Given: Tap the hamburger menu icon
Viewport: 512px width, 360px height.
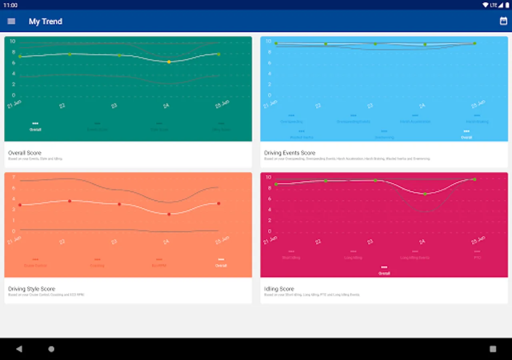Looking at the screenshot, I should point(11,21).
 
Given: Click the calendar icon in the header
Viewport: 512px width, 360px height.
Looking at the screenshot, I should point(503,21).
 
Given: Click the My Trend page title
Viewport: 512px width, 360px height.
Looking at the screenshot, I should point(45,22).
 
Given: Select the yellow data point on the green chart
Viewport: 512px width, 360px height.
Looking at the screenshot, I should point(169,62).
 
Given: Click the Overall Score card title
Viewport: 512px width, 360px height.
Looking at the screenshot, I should point(25,153).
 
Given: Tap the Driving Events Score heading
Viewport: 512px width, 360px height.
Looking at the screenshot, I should point(290,153).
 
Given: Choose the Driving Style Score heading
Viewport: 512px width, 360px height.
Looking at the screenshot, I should point(32,289).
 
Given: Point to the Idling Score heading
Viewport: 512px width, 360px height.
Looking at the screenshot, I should point(279,289).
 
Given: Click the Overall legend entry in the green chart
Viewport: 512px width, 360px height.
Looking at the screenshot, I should point(35,127).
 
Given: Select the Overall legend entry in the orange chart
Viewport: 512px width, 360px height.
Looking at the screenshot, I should point(221,263).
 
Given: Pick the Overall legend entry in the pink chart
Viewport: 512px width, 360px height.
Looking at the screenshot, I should point(384,271).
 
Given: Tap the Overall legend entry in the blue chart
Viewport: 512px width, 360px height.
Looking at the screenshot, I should point(466,135).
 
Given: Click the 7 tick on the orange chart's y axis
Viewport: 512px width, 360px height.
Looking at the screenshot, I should point(14,177).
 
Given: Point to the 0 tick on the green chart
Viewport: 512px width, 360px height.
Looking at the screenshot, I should point(14,95).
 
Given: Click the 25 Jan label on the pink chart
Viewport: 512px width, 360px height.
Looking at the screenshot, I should point(478,240).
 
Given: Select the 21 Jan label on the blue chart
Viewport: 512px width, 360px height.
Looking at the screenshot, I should point(270,104).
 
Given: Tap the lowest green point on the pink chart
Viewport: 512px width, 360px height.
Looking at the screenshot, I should point(425,194).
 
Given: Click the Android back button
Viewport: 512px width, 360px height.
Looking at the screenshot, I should point(19,349).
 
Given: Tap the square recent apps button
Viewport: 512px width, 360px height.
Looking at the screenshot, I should point(493,349).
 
